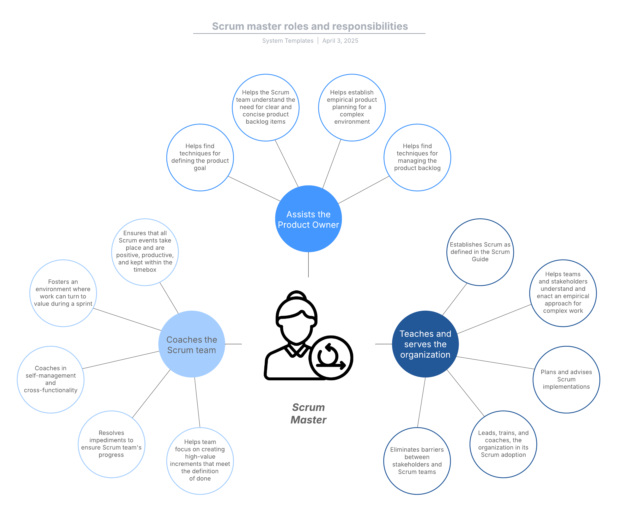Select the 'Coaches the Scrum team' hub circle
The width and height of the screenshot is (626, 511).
click(x=192, y=344)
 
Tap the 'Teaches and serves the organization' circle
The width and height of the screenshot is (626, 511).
click(x=426, y=344)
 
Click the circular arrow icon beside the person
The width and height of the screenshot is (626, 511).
click(x=331, y=358)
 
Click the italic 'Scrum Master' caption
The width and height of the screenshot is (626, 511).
click(x=308, y=413)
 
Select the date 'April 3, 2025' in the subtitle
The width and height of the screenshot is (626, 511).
click(x=340, y=41)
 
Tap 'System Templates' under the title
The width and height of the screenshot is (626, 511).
click(x=288, y=41)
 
